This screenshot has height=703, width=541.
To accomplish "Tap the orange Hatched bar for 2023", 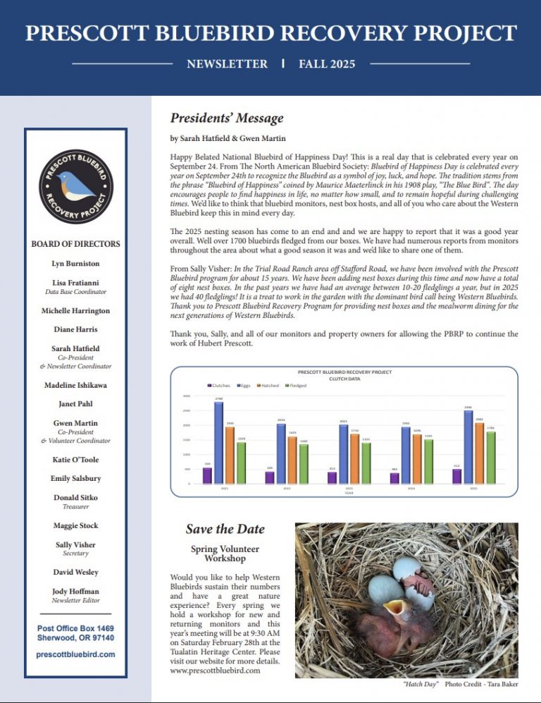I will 354,458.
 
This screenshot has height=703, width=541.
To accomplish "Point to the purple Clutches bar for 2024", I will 394,478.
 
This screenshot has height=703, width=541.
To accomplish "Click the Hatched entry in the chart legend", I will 268,386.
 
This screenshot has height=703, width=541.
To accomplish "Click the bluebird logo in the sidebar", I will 75,186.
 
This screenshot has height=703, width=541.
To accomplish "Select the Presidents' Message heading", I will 227,118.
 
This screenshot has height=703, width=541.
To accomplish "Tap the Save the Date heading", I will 225,529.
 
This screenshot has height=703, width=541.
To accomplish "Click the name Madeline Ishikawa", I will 75,385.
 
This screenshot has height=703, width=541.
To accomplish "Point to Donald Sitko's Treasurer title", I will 75,506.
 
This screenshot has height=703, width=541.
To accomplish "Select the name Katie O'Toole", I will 75,460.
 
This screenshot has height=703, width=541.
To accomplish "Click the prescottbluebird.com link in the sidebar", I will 75,654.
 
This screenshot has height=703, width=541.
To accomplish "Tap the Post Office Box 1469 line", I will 75,628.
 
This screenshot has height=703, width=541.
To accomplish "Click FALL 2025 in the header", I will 327,64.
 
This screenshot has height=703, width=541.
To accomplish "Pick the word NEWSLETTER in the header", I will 227,64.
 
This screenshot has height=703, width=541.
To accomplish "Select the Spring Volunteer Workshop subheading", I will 225,554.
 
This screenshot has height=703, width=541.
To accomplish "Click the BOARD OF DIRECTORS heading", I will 75,244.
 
